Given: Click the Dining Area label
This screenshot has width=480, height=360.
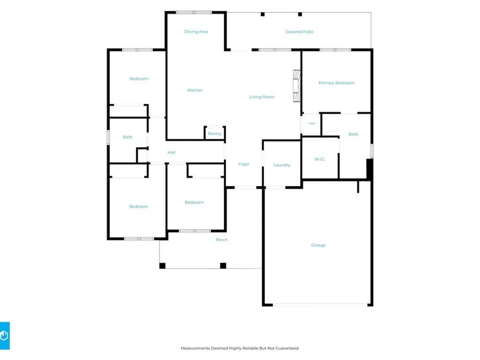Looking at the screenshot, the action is pyautogui.click(x=196, y=32).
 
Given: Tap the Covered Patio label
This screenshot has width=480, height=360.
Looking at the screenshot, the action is pyautogui.click(x=299, y=32).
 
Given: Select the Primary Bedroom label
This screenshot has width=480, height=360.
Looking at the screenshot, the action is pyautogui.click(x=336, y=83).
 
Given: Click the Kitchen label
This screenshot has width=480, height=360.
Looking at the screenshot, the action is pyautogui.click(x=195, y=90).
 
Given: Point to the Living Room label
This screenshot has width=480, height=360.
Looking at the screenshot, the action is pyautogui.click(x=262, y=97).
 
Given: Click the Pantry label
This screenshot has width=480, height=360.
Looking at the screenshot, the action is pyautogui.click(x=215, y=134).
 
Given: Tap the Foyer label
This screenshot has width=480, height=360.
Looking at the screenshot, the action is pyautogui.click(x=244, y=164).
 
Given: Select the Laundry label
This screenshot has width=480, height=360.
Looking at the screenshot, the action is pyautogui.click(x=282, y=165).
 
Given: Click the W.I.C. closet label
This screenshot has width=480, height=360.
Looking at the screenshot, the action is pyautogui.click(x=320, y=159).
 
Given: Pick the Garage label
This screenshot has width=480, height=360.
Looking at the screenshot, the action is pyautogui.click(x=318, y=245).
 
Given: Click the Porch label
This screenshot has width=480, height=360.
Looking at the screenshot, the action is pyautogui.click(x=221, y=240).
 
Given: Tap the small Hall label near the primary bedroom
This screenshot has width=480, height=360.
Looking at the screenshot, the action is pyautogui.click(x=312, y=123).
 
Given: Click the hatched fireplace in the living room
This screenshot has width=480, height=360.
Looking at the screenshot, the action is pyautogui.click(x=297, y=86).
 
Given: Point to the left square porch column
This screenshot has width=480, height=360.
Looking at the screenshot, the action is pyautogui.click(x=162, y=266).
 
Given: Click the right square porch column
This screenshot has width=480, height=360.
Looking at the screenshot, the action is pyautogui.click(x=223, y=266).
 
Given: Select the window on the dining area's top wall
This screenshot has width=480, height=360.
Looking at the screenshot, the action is pyautogui.click(x=194, y=12).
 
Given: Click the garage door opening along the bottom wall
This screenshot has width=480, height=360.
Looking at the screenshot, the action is pyautogui.click(x=320, y=305).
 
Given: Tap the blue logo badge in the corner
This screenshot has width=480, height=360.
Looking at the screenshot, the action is pyautogui.click(x=5, y=336).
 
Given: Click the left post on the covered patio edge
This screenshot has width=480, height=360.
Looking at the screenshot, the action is pyautogui.click(x=263, y=14).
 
